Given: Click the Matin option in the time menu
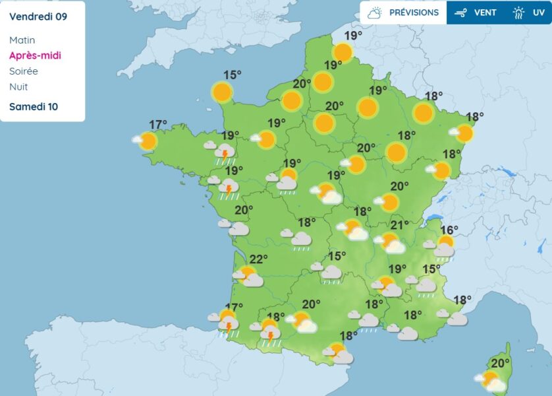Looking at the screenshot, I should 22,40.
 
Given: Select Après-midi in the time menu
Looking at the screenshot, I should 35,55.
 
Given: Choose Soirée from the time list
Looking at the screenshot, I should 24,71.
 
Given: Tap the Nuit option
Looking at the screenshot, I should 18,86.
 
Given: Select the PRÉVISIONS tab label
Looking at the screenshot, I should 414,13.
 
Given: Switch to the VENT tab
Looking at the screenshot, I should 485,13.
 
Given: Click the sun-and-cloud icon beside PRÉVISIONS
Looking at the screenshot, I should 375,13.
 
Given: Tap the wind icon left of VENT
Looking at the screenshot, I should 460,13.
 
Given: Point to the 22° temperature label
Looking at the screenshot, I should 258,259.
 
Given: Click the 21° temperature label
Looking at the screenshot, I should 400,225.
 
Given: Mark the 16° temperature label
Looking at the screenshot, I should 449,230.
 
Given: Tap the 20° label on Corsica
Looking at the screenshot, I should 500,362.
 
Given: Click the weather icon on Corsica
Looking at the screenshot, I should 492,381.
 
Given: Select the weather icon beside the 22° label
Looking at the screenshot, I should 248,276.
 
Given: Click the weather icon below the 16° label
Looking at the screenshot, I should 443,247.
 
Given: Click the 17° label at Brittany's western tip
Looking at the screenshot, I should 157,124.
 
